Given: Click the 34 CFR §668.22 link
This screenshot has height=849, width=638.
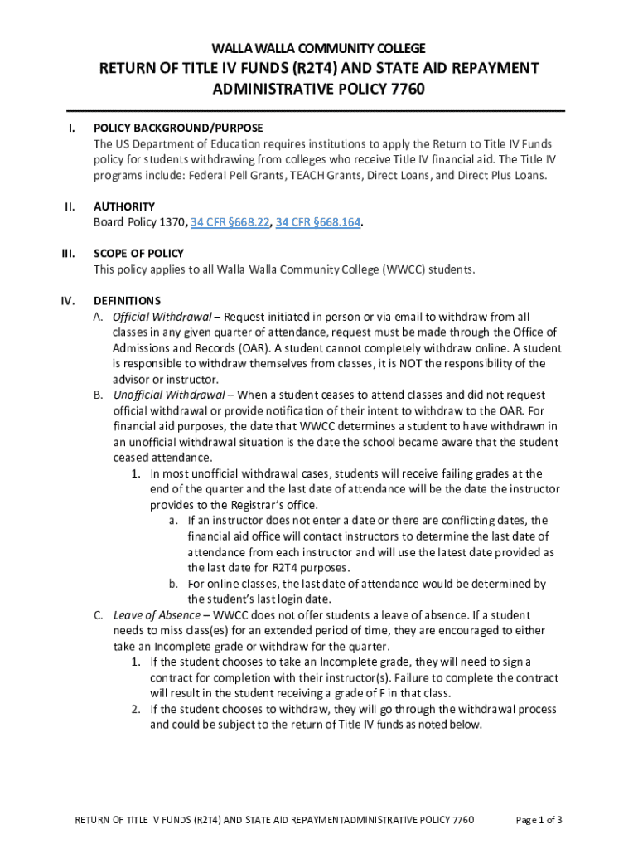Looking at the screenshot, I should coord(228,222).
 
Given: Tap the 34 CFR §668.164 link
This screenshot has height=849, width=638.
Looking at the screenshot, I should coord(319,222).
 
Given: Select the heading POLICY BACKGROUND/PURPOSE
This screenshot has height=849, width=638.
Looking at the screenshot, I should coord(178,129).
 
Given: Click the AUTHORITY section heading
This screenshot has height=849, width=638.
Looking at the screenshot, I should coord(124,206).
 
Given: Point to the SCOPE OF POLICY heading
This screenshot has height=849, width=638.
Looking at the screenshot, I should coord(139,254).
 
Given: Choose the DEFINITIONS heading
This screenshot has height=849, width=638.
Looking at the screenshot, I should coord(128,301).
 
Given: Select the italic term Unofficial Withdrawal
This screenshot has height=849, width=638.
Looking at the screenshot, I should coord(169,395).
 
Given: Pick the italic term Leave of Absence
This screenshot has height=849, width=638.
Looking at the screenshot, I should coord(157,615).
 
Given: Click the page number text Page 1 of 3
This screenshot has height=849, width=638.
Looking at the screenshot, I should coord(539,821).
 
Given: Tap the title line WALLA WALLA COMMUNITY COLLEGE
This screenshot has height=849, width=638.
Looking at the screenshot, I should coord(319,48).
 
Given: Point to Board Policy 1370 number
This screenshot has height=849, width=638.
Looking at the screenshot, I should coord(172,222).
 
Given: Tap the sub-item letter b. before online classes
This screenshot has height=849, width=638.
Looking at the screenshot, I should coord(174,584).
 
